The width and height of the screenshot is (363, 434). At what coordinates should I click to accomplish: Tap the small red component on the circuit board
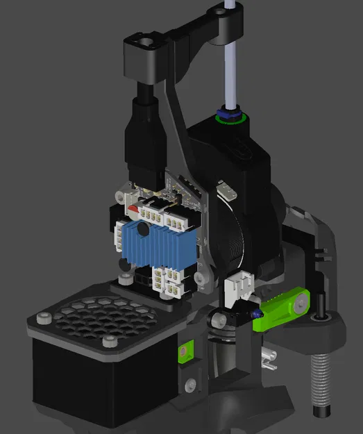point(133,208)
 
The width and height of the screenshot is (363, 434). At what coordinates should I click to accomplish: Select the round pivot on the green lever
point(301,303)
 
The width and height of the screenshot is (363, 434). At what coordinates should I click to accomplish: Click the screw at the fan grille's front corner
point(110,341)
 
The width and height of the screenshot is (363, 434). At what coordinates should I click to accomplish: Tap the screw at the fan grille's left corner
point(44,319)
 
